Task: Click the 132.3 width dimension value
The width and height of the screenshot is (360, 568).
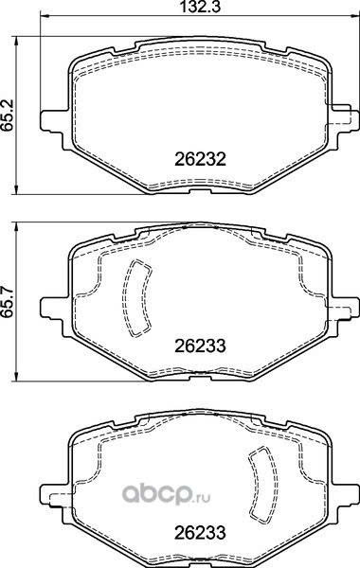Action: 201,7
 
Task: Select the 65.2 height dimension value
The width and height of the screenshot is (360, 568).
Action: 8,115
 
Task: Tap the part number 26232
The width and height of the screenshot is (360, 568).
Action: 201,159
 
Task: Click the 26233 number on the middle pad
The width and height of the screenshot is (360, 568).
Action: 201,346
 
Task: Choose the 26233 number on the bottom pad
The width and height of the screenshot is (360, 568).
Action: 201,532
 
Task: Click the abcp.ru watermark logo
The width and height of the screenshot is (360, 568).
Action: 166,495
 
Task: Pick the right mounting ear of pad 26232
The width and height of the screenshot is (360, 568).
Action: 345,116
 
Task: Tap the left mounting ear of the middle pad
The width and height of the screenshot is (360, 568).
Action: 54,307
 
